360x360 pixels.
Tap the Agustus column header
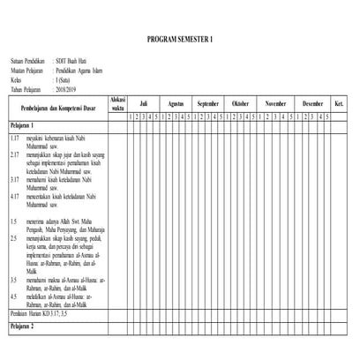[x=176, y=103]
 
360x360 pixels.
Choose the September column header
[x=208, y=103]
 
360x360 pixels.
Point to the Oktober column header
[x=240, y=103]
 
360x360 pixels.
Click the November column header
[x=275, y=103]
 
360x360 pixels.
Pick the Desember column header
[x=312, y=103]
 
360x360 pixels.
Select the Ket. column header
[x=340, y=103]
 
